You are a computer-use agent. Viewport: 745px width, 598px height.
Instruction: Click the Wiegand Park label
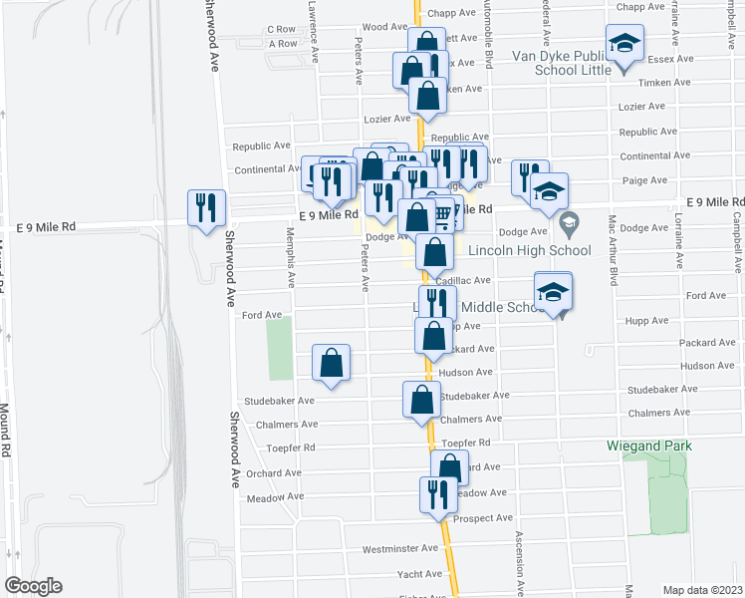pyautogui.click(x=649, y=446)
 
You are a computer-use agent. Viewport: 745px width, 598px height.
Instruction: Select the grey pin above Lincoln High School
pyautogui.click(x=569, y=220)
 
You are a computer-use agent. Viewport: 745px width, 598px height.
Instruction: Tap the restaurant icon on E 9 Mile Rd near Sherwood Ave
pyautogui.click(x=206, y=207)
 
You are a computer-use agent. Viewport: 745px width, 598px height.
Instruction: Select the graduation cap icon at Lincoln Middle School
pyautogui.click(x=553, y=292)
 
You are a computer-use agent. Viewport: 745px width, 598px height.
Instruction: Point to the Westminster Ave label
pyautogui.click(x=400, y=548)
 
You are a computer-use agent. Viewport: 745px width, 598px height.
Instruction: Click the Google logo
pyautogui.click(x=33, y=586)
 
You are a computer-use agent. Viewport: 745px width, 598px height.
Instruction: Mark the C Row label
pyautogui.click(x=282, y=30)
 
